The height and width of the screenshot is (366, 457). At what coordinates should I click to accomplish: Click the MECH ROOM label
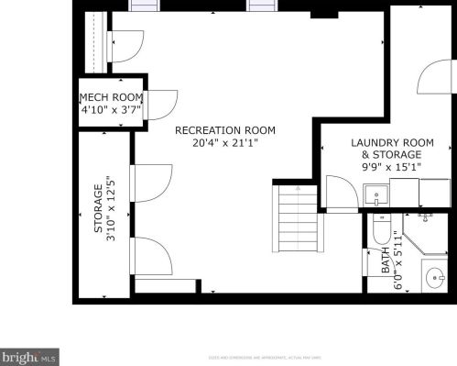(x=111, y=98)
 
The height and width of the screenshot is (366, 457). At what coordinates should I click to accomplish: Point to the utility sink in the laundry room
(x=375, y=194)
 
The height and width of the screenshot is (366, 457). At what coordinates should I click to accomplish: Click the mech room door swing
(x=162, y=104)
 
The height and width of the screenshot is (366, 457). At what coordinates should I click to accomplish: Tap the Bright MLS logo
(x=29, y=355)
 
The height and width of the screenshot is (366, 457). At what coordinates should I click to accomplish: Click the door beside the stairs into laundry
(x=342, y=193)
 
